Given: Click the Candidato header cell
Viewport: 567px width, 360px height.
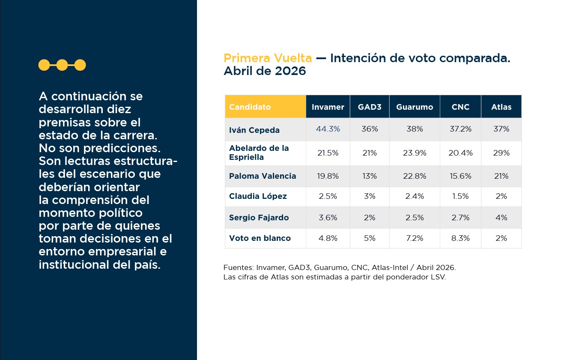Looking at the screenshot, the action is tap(265, 107).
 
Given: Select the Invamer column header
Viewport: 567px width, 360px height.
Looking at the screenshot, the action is tap(328, 107).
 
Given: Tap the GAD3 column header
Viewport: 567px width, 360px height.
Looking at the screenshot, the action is tap(370, 107).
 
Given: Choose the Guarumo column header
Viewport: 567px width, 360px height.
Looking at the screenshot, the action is tap(415, 107).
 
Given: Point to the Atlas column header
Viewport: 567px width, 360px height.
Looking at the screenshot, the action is tap(501, 107).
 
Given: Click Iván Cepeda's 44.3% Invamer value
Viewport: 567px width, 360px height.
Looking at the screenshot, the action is tap(328, 129).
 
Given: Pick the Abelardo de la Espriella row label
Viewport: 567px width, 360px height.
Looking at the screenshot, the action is tap(259, 153).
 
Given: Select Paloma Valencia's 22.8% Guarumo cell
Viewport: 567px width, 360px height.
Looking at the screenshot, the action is tap(415, 176).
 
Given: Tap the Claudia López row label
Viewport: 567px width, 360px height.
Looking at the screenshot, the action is tap(258, 196).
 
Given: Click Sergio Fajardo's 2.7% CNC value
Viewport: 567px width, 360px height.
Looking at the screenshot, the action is tap(460, 217).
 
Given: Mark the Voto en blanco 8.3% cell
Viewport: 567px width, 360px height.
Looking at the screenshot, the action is tap(460, 238).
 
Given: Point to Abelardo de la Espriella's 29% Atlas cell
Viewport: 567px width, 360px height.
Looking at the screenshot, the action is tap(501, 153).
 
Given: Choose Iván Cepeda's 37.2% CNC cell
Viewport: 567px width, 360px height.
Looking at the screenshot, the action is tap(460, 129).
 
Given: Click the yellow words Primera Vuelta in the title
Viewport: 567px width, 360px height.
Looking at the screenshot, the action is tap(268, 58).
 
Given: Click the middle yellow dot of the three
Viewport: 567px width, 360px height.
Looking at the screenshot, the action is tap(62, 65).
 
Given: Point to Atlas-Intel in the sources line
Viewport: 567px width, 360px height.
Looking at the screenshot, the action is tap(390, 267).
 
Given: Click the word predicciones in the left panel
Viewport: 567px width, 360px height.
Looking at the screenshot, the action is tap(122, 148).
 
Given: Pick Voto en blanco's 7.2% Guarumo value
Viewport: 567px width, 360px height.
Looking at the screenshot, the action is tap(415, 238).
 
